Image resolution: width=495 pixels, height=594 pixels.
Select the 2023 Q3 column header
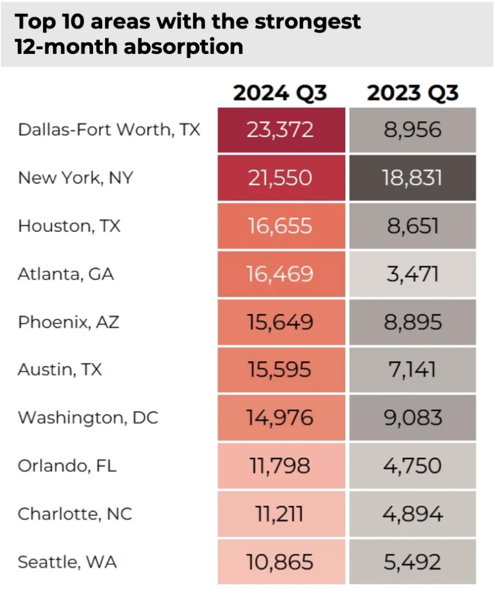tap(412, 93)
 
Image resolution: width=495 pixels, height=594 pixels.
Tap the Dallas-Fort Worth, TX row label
tap(109, 129)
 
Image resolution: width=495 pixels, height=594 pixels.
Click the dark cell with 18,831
tap(412, 178)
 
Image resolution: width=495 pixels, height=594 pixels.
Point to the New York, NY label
tap(76, 177)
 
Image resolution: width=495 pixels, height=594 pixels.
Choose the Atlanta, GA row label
tap(66, 273)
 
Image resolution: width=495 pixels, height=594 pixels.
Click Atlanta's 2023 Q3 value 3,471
tap(412, 273)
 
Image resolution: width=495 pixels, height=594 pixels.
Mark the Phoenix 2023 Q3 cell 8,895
tap(412, 322)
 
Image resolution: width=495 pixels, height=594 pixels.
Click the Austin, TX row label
tap(60, 369)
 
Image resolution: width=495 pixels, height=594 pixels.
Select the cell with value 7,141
tap(412, 369)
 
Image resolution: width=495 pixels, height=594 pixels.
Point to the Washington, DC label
tap(88, 417)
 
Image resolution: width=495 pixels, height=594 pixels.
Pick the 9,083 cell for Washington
tap(412, 417)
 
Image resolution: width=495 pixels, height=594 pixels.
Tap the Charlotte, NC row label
tap(75, 514)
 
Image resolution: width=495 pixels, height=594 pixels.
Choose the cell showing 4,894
tap(412, 514)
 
